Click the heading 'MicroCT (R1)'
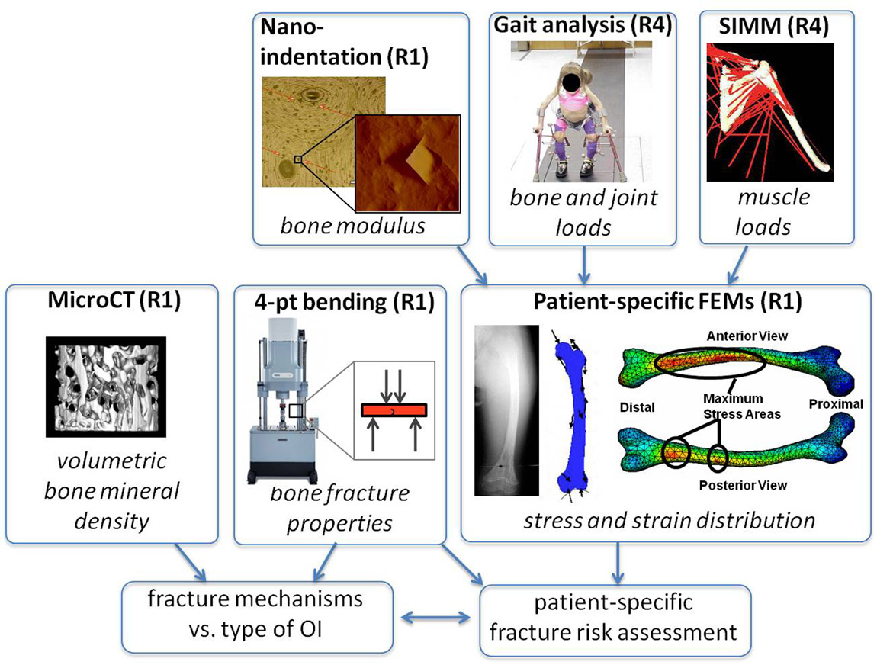pos(114,300)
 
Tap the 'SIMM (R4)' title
pos(773,26)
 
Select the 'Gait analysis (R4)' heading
pos(582,25)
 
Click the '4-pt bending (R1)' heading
pos(344,302)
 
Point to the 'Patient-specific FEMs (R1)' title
pos(667,301)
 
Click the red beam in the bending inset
pos(394,410)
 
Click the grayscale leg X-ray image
pos(506,410)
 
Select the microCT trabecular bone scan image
pos(106,387)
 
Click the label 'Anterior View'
pos(747,336)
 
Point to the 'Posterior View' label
pos(743,486)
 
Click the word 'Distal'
pos(637,407)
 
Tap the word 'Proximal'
pos(836,404)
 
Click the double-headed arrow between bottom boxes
pos(437,618)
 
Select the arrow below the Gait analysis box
pos(584,265)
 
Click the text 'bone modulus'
pos(353,226)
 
